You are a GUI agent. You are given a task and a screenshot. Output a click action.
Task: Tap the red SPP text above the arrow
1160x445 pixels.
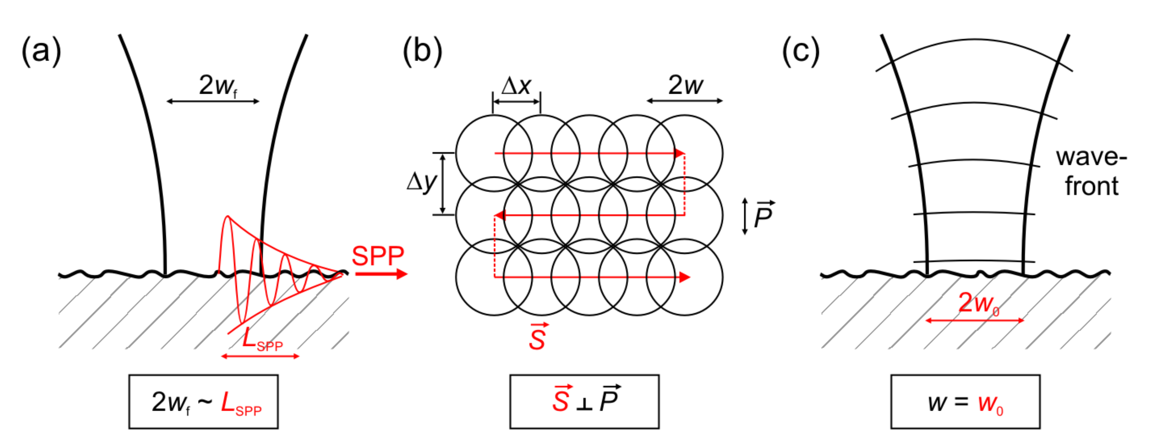tap(377, 256)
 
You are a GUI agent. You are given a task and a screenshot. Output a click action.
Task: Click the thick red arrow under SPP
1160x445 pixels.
tap(380, 274)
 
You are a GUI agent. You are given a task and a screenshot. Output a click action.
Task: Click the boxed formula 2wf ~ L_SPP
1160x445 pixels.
tap(203, 401)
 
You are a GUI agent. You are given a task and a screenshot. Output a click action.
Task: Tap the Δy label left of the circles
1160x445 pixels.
tap(421, 182)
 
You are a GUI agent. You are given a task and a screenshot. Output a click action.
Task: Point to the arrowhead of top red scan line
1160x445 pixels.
tap(680, 153)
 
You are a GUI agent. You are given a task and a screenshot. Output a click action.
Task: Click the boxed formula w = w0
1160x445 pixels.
tap(965, 401)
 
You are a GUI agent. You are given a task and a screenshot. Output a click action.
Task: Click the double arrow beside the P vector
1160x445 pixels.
tap(745, 216)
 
